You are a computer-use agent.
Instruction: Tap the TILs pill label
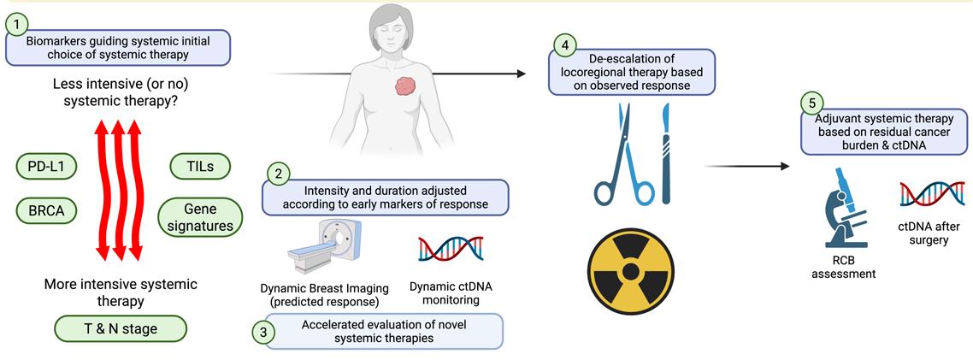point(200,166)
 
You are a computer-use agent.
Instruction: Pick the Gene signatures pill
point(200,216)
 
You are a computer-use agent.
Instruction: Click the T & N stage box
point(121,328)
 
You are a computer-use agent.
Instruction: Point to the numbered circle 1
point(17,26)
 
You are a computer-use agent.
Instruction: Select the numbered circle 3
point(262,332)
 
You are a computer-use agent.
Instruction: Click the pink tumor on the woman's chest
point(407,86)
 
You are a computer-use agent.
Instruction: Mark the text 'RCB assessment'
point(843,280)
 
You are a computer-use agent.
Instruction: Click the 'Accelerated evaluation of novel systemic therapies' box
point(384,332)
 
